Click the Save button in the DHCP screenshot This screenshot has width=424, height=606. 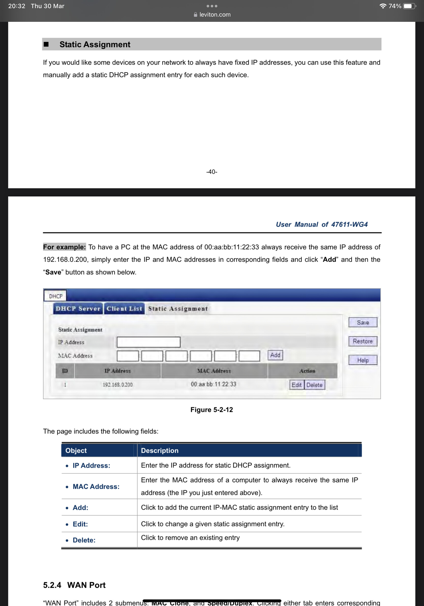(x=363, y=322)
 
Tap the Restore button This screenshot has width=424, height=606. (x=363, y=341)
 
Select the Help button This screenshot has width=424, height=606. (x=363, y=360)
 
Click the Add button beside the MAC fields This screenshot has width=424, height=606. (x=275, y=355)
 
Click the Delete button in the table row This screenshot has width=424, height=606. (x=314, y=385)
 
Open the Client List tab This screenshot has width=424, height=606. (x=124, y=309)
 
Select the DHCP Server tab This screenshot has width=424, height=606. (x=78, y=309)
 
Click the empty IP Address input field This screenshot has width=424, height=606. (x=148, y=342)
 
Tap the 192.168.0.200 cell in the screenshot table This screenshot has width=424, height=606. (x=118, y=384)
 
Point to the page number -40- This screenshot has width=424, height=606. (x=212, y=172)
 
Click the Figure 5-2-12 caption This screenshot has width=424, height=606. (x=212, y=410)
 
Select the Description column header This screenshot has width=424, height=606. (x=160, y=450)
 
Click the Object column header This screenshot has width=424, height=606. (x=76, y=450)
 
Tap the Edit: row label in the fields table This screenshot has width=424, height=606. (x=80, y=524)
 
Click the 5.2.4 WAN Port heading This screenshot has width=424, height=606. (x=74, y=585)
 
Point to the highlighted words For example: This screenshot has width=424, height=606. (x=65, y=247)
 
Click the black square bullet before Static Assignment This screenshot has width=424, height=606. (x=46, y=44)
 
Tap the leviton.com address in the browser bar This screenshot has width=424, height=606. (x=215, y=14)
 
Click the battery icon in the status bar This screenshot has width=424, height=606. (x=409, y=6)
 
